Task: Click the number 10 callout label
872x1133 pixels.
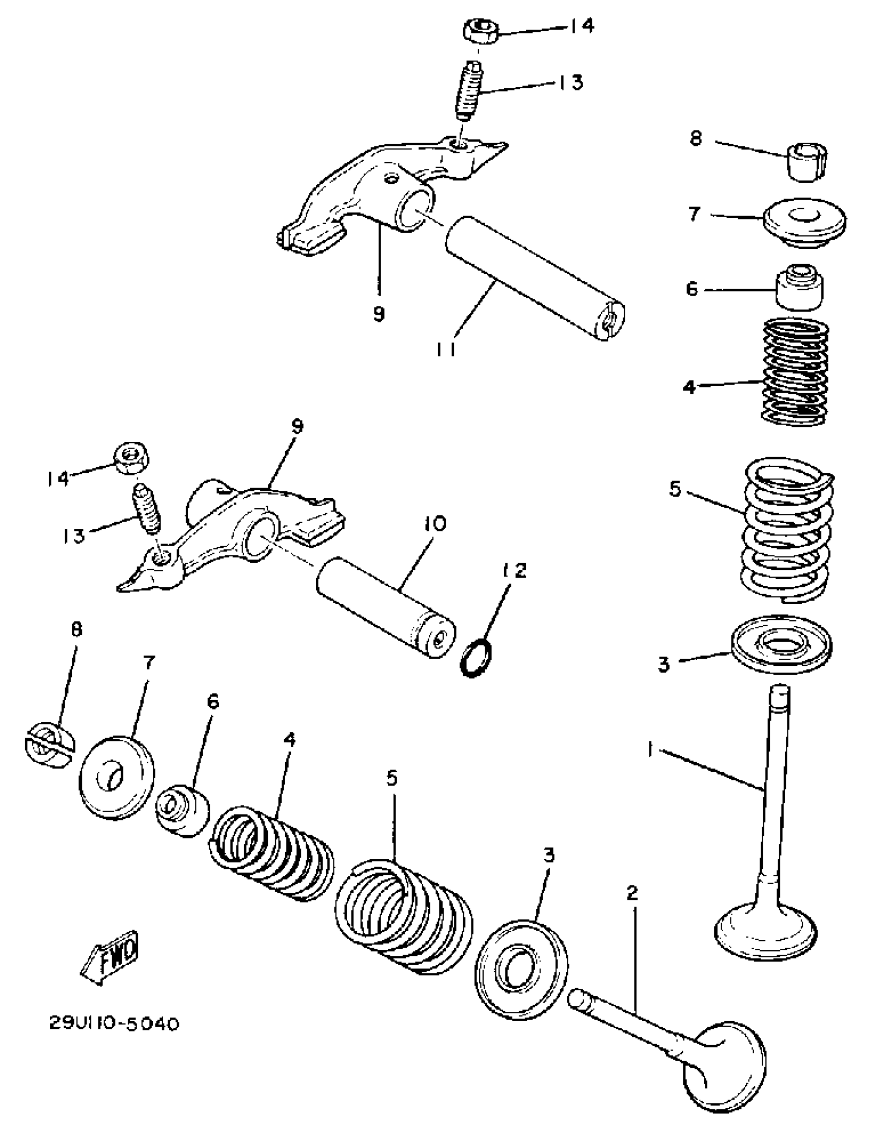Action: click(434, 524)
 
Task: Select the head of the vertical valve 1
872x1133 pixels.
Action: click(765, 932)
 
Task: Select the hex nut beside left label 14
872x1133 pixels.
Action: click(132, 458)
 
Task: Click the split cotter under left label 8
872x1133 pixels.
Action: click(49, 746)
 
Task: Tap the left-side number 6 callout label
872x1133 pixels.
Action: click(213, 701)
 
